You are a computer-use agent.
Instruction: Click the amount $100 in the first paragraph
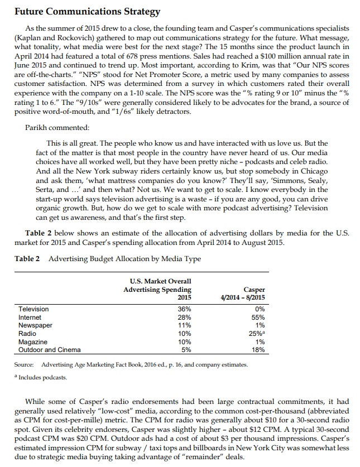(x=281, y=56)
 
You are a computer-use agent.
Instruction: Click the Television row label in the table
(x=33, y=309)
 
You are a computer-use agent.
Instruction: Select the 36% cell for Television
(x=184, y=309)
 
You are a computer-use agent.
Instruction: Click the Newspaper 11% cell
(x=184, y=325)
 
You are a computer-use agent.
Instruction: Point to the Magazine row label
(x=33, y=341)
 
